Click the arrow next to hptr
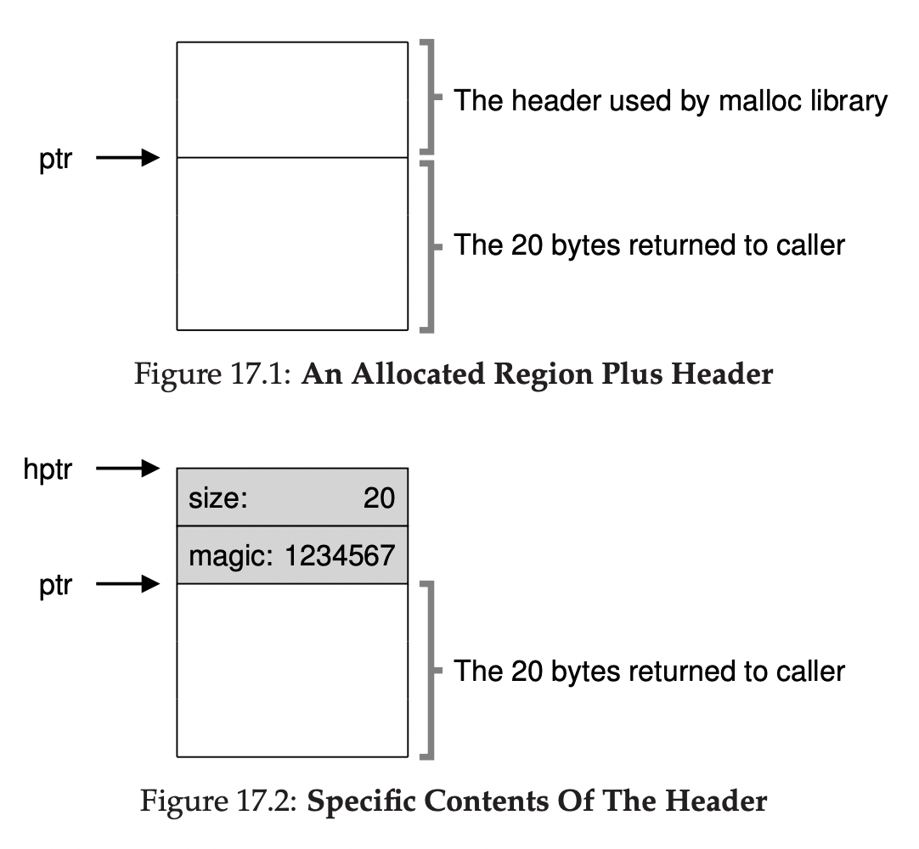click(127, 468)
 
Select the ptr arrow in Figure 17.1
click(127, 157)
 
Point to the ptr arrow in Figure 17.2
click(127, 583)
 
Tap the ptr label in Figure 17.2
click(55, 586)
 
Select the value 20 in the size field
click(379, 498)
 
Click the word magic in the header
click(221, 556)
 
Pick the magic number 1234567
click(340, 556)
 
